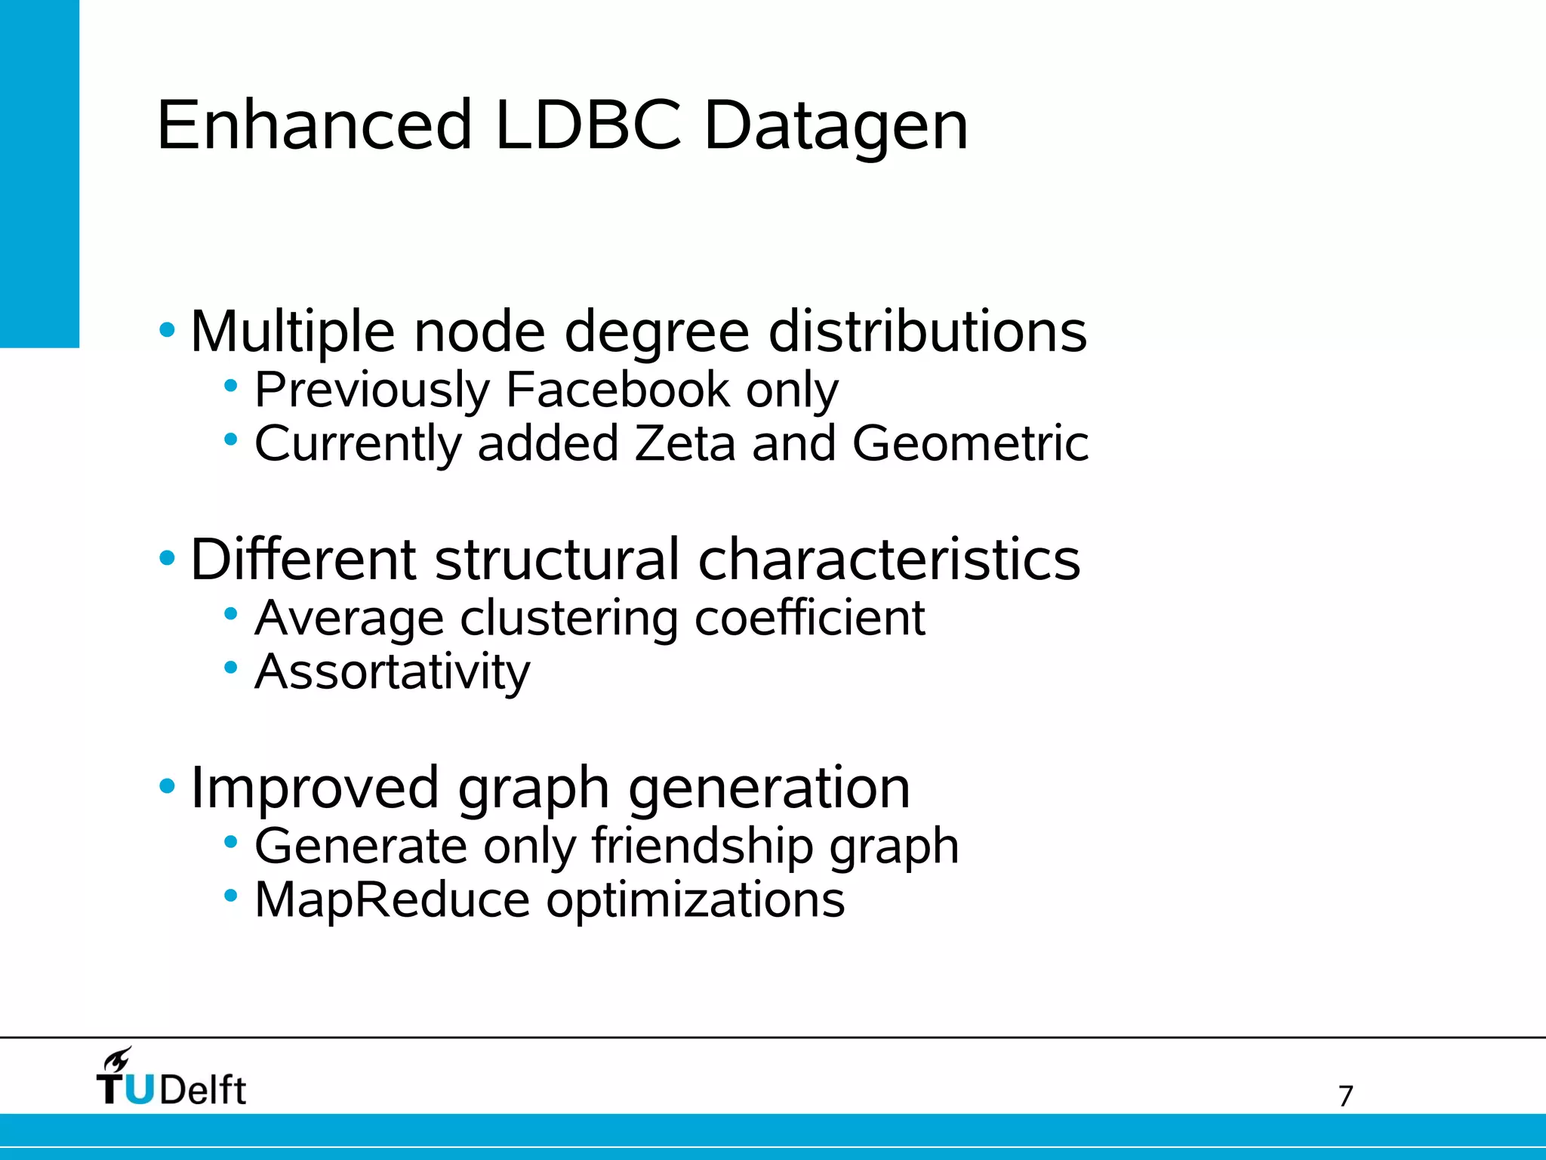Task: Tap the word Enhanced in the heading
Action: pyautogui.click(x=314, y=125)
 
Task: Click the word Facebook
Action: pyautogui.click(x=617, y=390)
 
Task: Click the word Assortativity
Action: pyautogui.click(x=393, y=671)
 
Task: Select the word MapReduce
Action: pyautogui.click(x=392, y=900)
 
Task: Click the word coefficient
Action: pyautogui.click(x=809, y=618)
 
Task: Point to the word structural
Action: pyautogui.click(x=556, y=560)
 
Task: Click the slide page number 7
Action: pyautogui.click(x=1345, y=1096)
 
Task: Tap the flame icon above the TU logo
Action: pyautogui.click(x=118, y=1060)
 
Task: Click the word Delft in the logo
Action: pyautogui.click(x=202, y=1091)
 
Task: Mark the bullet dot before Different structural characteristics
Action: pyautogui.click(x=167, y=559)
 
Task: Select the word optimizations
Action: pyautogui.click(x=694, y=900)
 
